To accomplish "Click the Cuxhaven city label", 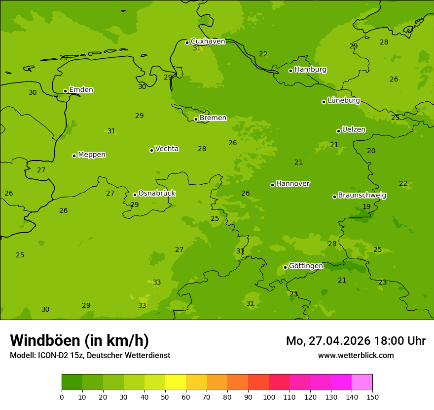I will pos(208,41).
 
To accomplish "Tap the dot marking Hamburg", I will pos(290,71).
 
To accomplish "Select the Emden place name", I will pos(81,90).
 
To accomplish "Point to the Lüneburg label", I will pos(343,100).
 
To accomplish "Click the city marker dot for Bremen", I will pos(196,119).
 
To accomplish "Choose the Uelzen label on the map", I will pos(354,129).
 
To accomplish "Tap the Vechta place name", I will pos(167,149).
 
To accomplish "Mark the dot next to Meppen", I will pos(74,156).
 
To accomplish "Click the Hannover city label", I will pos(292,184).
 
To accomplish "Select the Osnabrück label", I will pos(156,193).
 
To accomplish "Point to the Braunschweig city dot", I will pos(334,197).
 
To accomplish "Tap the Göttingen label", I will pos(306,266).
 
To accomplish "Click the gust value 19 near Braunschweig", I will pos(366,207).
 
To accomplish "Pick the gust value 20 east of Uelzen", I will pos(371,151).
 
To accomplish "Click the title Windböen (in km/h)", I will pos(79,340).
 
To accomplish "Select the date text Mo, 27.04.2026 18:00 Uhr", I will pos(356,341).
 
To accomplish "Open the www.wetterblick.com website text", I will pos(356,356).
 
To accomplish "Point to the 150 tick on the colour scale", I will pos(372,397).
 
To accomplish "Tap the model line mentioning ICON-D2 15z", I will pos(90,356).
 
